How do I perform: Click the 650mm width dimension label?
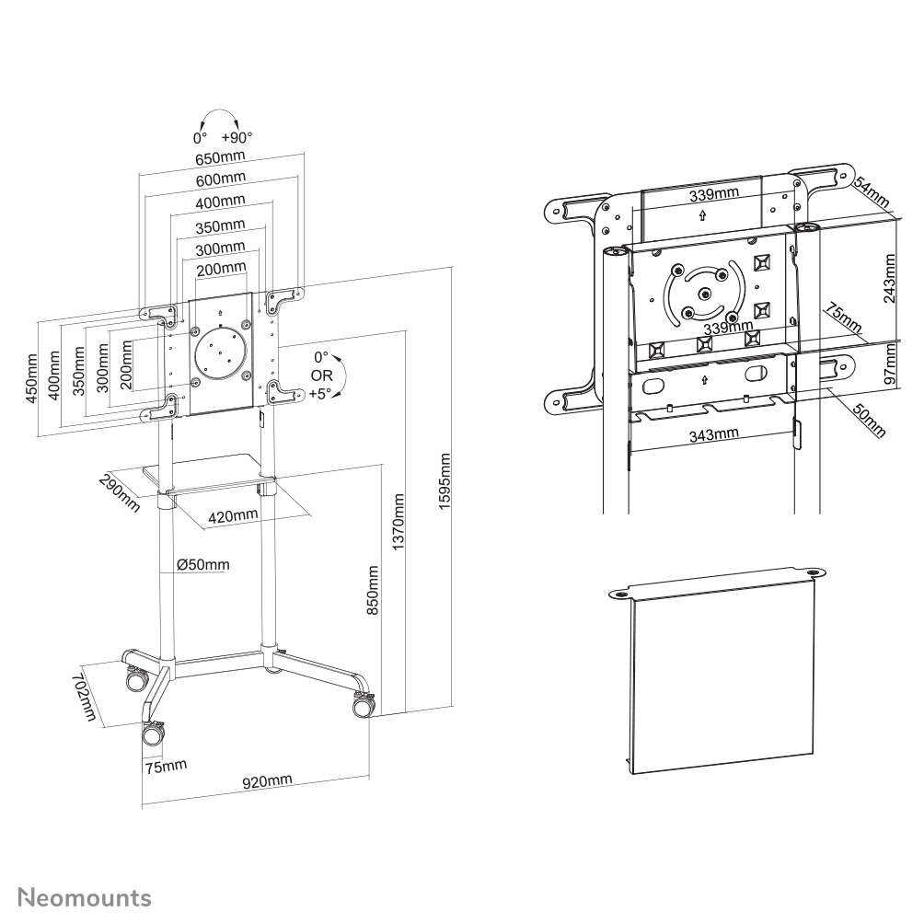[220, 157]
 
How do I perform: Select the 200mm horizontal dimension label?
[221, 268]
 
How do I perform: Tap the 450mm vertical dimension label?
[32, 377]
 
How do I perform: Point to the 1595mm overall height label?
[445, 485]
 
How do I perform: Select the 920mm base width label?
[267, 781]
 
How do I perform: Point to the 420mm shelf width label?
[233, 516]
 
